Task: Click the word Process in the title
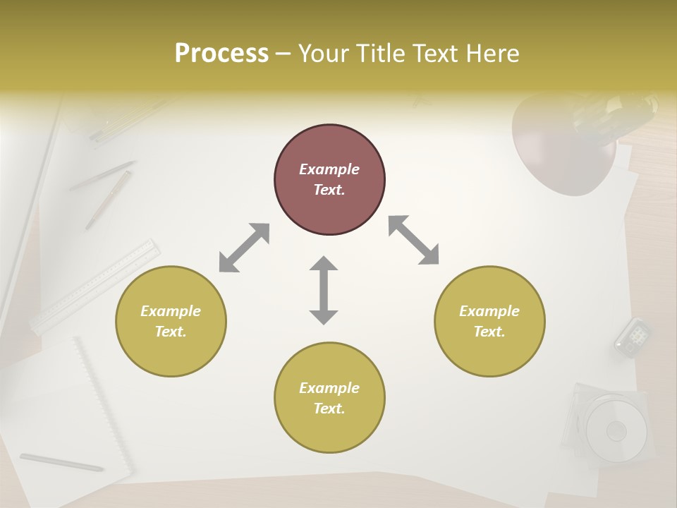[221, 54]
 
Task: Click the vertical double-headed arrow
[324, 291]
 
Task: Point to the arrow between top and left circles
[244, 248]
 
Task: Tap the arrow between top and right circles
[414, 241]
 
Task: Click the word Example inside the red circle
[329, 169]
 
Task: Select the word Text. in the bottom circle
[329, 409]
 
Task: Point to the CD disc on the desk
[616, 429]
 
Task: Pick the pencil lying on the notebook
[61, 462]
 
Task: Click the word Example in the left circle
[171, 311]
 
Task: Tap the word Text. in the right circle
[489, 332]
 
